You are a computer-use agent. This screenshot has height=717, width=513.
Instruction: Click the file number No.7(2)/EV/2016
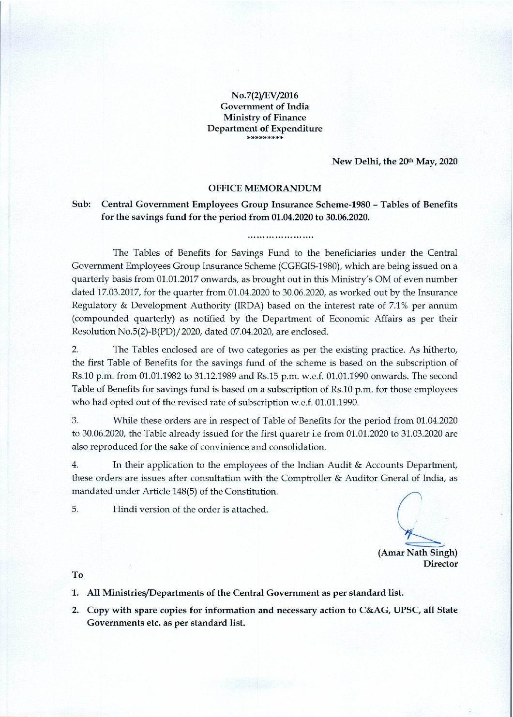[264, 95]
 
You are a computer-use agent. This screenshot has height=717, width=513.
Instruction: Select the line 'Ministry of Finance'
[264, 117]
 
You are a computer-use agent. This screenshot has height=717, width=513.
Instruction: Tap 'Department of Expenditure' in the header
[264, 129]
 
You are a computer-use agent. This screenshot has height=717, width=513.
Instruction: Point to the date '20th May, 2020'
[428, 161]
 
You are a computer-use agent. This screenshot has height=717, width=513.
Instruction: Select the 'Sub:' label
[81, 205]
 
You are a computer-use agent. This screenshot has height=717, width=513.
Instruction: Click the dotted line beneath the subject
[280, 237]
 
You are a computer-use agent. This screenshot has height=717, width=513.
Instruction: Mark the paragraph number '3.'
[75, 421]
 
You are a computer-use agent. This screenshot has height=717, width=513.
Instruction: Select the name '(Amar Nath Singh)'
[418, 553]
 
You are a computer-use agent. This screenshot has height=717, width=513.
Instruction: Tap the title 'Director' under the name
[440, 564]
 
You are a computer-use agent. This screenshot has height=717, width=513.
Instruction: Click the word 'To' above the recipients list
[77, 575]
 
